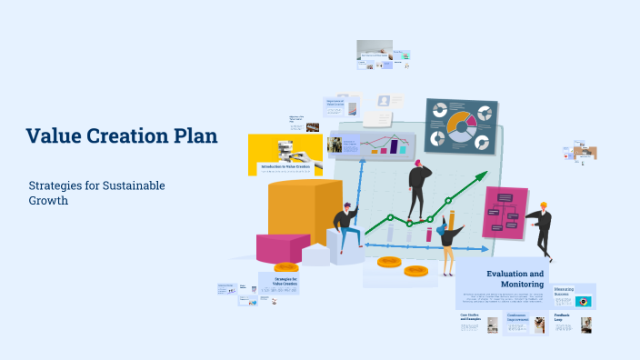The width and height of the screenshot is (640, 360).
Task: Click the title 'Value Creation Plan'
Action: [122, 136]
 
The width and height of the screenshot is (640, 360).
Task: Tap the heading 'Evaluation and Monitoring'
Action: [515, 278]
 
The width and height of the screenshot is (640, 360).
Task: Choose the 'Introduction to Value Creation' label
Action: [285, 166]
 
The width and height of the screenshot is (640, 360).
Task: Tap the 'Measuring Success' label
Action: [565, 292]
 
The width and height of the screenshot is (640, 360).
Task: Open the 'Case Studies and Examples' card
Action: [472, 317]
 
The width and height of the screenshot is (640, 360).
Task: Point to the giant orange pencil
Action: [452, 222]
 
